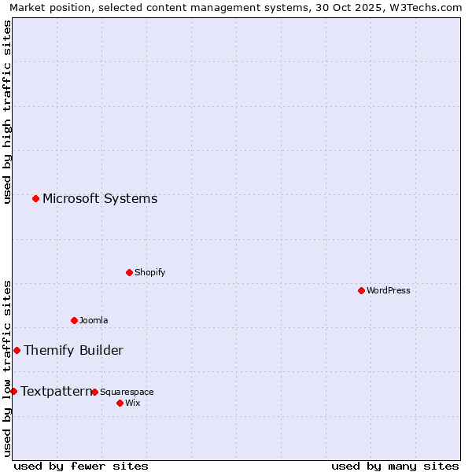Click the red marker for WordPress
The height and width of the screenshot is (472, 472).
tap(361, 290)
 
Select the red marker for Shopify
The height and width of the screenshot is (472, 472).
tap(129, 272)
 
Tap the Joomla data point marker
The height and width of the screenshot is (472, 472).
tap(74, 320)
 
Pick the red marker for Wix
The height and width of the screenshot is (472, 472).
tap(120, 403)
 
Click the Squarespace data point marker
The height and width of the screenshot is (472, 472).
tap(94, 392)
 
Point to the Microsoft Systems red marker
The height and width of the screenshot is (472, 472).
tap(35, 198)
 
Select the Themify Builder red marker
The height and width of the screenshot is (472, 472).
tap(17, 350)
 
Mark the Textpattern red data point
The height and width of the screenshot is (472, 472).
tap(13, 391)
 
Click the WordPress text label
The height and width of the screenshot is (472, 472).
tap(389, 290)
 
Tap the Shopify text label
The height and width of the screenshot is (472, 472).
tap(149, 272)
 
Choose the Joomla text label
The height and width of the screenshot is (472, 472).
tap(94, 320)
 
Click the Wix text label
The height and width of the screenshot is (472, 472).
tap(132, 403)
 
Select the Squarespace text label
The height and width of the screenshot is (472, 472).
tap(127, 392)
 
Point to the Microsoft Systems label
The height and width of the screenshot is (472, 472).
tap(100, 198)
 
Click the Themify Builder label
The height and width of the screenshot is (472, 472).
tap(73, 350)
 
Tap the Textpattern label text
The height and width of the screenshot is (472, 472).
tap(56, 391)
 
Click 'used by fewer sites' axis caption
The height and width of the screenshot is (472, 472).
tap(81, 466)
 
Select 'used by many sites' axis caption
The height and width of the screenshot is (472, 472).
tap(395, 466)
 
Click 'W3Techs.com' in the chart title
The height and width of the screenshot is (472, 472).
tap(429, 7)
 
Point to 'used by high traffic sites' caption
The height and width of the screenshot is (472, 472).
tap(7, 112)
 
